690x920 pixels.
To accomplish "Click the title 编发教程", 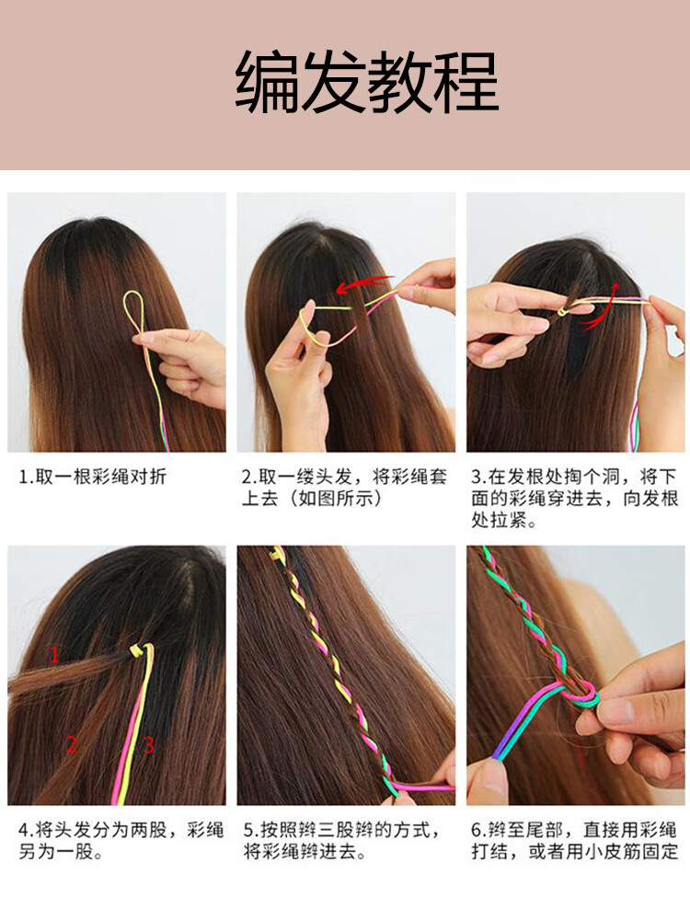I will click(366, 84).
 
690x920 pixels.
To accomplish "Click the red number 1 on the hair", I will click(54, 654).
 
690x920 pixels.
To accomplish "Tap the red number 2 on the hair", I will click(71, 744).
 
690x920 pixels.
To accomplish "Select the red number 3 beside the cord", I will click(148, 744).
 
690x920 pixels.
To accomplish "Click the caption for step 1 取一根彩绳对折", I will click(94, 477).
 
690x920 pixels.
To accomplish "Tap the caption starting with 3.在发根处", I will click(575, 499).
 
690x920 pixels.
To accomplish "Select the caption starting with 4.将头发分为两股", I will click(121, 841).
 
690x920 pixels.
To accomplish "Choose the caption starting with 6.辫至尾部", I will click(575, 841).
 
